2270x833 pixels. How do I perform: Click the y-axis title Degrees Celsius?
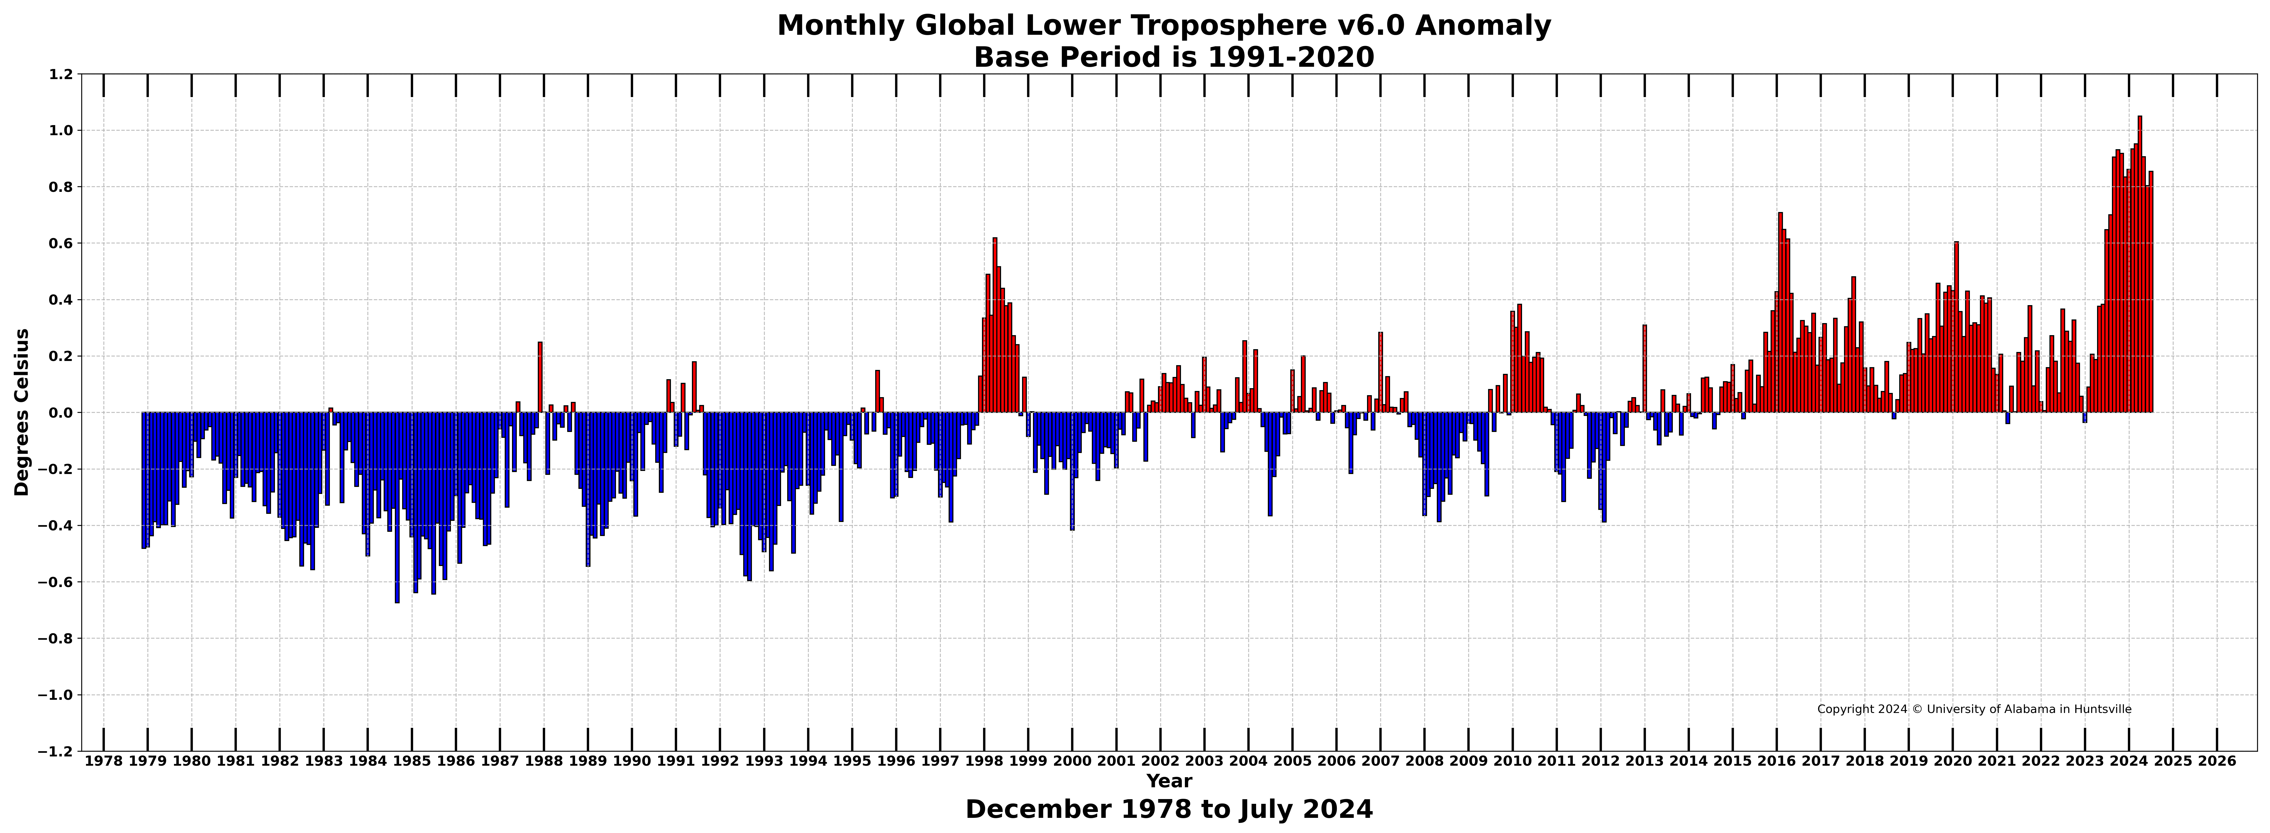point(22,413)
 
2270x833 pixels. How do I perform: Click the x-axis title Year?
point(1169,781)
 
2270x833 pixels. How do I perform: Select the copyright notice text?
point(1974,710)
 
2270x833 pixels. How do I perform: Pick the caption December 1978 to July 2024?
point(1169,809)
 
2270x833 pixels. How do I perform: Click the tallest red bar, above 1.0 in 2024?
point(2140,264)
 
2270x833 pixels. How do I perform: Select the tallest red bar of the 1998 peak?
point(995,325)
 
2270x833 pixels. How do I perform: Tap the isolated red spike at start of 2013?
point(1644,369)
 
